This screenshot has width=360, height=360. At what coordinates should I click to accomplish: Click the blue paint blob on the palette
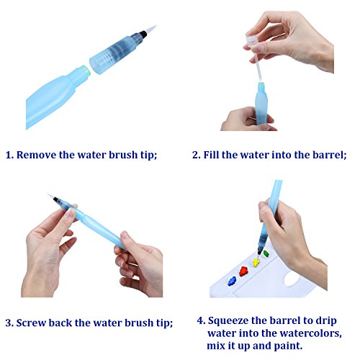(232, 281)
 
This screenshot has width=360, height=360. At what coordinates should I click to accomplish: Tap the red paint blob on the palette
(243, 271)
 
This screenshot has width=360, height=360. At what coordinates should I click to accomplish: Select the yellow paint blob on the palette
(256, 262)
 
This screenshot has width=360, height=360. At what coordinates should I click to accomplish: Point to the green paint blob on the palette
(266, 253)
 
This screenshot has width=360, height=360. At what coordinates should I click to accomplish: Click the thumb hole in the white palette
(292, 279)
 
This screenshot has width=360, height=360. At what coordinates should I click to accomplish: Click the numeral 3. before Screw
(9, 323)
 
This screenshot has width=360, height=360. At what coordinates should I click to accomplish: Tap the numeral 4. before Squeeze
(201, 321)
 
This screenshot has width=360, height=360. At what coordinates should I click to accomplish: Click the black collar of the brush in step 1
(143, 35)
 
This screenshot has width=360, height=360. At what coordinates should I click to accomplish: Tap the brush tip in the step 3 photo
(50, 196)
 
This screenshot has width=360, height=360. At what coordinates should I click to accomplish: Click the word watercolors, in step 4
(310, 333)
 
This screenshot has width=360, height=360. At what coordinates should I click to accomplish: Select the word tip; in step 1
(149, 156)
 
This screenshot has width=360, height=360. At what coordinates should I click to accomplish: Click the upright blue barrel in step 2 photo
(261, 104)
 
